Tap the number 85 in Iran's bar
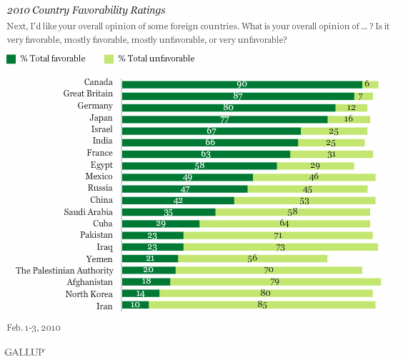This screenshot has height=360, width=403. tap(262, 305)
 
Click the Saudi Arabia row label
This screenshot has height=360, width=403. tap(88, 213)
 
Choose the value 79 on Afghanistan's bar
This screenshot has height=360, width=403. tap(275, 282)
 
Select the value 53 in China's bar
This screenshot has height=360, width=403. tap(304, 201)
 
